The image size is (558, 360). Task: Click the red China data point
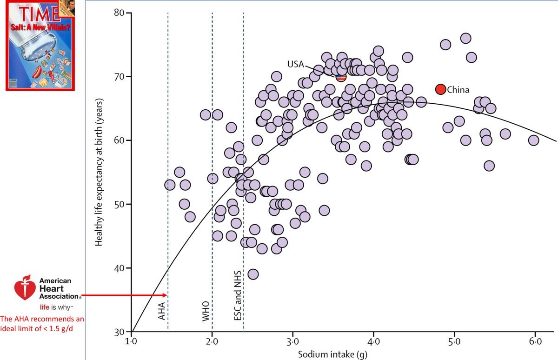[x=440, y=89]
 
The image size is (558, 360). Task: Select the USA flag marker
[x=341, y=77]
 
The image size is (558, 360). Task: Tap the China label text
[x=458, y=90]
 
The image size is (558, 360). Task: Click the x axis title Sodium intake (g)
[x=333, y=355]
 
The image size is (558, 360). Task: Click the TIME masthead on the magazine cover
[x=26, y=11]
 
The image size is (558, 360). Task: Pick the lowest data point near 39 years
[x=253, y=274]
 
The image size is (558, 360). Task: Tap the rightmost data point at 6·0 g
[x=533, y=140]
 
